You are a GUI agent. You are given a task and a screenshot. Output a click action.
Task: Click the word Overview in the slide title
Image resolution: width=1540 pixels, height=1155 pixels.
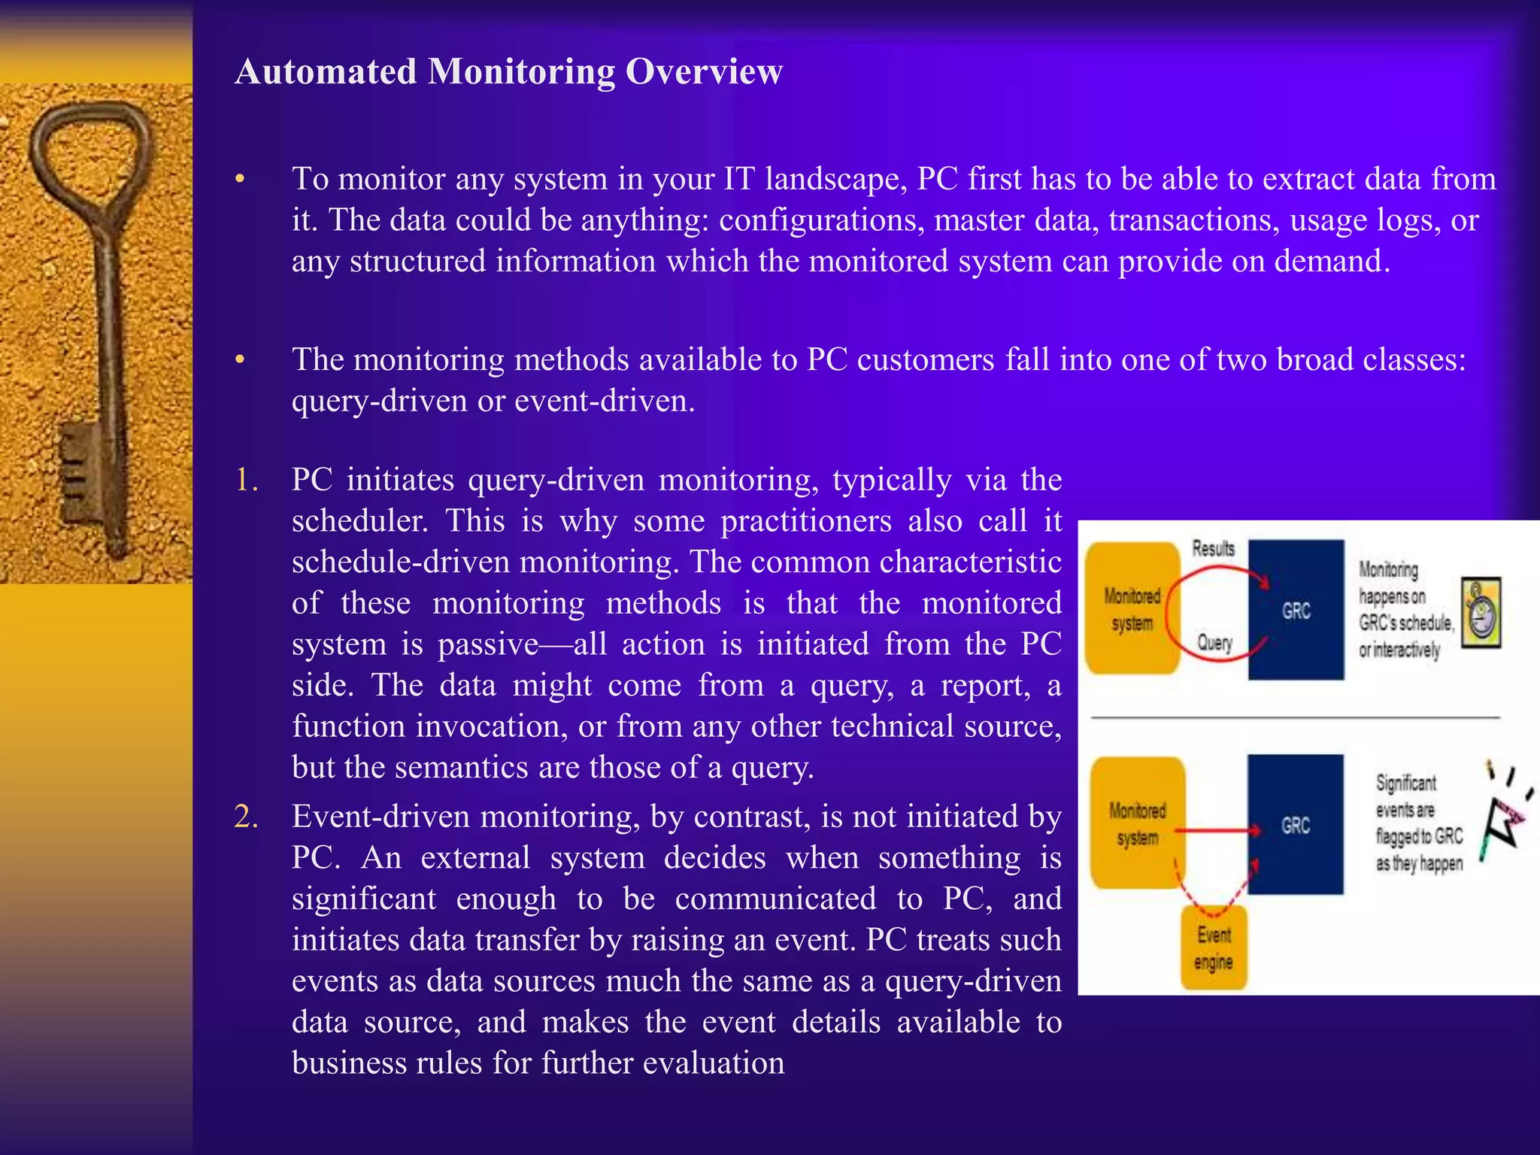pos(704,72)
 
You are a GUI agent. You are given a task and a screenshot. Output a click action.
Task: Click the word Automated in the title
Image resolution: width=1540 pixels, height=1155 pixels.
pos(326,72)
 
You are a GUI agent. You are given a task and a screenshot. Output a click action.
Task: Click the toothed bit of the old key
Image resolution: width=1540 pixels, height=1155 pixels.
pos(79,466)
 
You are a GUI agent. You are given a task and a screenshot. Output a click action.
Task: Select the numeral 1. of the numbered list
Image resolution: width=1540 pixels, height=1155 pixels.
pos(247,480)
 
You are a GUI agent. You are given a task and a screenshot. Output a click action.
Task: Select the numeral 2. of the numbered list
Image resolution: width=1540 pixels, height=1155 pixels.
pos(247,817)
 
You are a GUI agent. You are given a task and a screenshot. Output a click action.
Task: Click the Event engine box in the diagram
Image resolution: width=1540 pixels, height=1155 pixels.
pos(1214,947)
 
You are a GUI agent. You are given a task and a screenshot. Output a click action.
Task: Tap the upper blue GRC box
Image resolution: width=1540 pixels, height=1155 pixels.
pos(1296,610)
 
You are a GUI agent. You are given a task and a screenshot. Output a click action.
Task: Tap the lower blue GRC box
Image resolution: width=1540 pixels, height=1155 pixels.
pos(1296,825)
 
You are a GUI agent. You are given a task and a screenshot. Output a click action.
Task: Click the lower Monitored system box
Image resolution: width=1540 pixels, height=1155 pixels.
pos(1137,823)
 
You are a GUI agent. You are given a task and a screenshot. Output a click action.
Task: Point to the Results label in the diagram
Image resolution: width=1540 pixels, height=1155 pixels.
pos(1213,549)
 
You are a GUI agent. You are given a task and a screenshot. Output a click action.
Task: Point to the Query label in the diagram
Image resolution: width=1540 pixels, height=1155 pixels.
pos(1214,643)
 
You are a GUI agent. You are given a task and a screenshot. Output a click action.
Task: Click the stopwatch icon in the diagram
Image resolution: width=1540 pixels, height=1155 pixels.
pos(1481,612)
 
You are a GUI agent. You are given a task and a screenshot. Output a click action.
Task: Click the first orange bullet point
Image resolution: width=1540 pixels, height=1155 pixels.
pos(240,180)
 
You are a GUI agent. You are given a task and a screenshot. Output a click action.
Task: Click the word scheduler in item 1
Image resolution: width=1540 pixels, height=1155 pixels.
pos(359,521)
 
